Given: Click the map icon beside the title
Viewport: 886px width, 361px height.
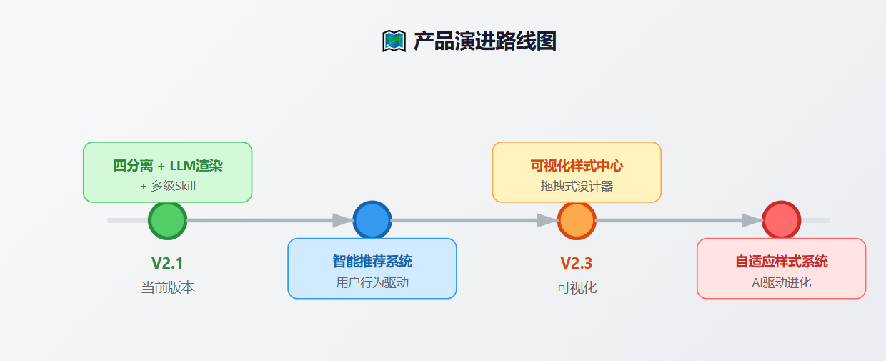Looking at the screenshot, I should (x=394, y=41).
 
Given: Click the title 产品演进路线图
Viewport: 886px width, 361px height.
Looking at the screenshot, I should (x=484, y=41).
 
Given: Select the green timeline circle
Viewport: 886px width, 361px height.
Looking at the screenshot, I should (x=167, y=220).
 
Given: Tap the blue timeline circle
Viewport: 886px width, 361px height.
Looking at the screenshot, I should (x=372, y=220).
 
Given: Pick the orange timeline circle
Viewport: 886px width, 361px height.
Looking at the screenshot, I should (x=577, y=220).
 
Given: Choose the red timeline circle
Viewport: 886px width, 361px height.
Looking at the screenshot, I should (x=781, y=220).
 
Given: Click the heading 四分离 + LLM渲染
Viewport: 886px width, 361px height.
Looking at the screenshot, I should (x=168, y=166).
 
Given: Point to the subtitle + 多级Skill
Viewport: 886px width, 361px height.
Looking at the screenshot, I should (x=168, y=186).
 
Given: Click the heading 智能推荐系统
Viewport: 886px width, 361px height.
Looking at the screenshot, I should (x=372, y=262).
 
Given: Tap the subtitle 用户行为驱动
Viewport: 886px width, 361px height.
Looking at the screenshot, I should (x=372, y=282).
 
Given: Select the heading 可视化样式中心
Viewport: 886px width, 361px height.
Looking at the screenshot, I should (x=577, y=166).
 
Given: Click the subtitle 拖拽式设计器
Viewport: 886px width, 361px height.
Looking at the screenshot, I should (x=577, y=186).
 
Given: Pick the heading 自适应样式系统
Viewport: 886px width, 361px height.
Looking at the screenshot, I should (x=781, y=262).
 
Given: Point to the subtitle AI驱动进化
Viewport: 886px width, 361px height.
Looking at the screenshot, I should (x=781, y=282).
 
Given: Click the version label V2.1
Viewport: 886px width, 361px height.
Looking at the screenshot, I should (x=167, y=263).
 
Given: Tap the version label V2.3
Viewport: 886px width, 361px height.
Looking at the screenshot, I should (x=577, y=263).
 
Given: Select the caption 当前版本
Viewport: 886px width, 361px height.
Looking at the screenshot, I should (x=167, y=287).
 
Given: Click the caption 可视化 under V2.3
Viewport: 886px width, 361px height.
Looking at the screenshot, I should (x=577, y=287).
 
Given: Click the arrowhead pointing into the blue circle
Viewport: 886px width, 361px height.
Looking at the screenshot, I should (x=343, y=220).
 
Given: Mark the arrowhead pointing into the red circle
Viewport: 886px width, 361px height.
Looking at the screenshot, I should (x=752, y=220).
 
